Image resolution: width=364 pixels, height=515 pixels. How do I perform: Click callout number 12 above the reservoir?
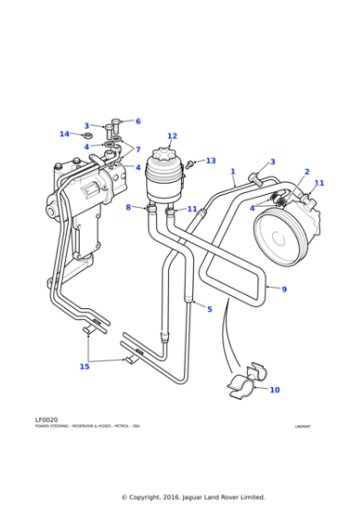[172, 136]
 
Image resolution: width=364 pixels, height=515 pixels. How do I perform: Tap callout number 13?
[210, 161]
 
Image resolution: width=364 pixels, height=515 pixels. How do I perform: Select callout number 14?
[64, 134]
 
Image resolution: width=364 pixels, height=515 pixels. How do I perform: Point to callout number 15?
[85, 367]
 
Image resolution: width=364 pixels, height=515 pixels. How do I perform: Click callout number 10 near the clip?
[274, 390]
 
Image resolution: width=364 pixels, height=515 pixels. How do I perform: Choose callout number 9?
[284, 290]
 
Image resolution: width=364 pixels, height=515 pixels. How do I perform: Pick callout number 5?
[210, 309]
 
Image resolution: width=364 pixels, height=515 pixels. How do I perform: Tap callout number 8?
[129, 208]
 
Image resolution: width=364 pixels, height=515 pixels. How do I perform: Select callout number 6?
[138, 121]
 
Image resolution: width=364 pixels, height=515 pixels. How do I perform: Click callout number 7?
[138, 149]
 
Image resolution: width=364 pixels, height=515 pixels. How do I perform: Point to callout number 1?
[233, 171]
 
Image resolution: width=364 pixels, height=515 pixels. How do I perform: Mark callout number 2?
[306, 172]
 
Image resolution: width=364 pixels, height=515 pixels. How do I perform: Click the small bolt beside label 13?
[190, 165]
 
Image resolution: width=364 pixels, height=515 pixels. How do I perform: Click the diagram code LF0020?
[46, 419]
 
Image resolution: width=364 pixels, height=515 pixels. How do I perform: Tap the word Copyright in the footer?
[147, 498]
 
